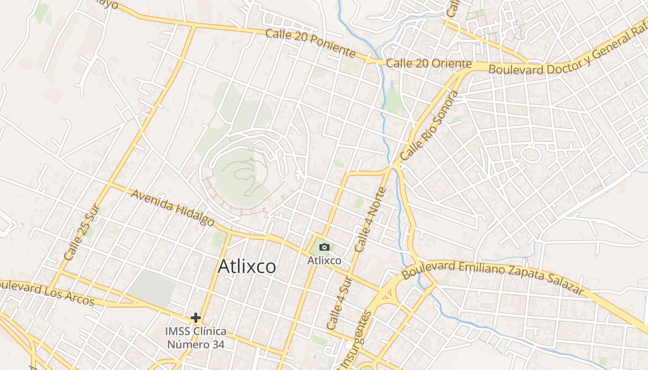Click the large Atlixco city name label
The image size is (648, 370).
[247, 266]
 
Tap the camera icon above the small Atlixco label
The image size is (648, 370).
[324, 247]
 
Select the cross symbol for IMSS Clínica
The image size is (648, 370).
[196, 318]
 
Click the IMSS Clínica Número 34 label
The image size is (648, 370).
[196, 338]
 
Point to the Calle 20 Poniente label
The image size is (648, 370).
[310, 43]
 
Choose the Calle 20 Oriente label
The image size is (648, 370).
[429, 63]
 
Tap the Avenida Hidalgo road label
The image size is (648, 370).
[173, 208]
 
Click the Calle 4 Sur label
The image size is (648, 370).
[339, 303]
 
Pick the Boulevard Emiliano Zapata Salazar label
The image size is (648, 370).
[493, 276]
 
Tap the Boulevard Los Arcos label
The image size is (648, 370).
[46, 292]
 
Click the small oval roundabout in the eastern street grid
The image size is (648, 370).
[531, 154]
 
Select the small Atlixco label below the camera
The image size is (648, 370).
[324, 261]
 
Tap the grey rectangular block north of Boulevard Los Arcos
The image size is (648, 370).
[152, 288]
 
